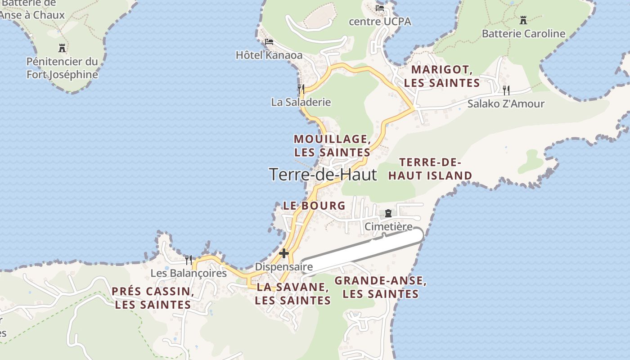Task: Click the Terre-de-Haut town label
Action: [x=323, y=175]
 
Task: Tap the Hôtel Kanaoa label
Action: [x=269, y=55]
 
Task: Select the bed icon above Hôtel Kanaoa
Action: [x=269, y=42]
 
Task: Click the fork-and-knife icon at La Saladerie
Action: [x=301, y=89]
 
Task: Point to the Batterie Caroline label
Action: [x=523, y=34]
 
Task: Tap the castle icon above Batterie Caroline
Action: [x=523, y=20]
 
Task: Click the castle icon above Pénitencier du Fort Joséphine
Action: [x=62, y=48]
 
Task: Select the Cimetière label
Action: [x=388, y=227]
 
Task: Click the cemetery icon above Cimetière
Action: [x=388, y=213]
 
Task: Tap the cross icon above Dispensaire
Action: [x=284, y=253]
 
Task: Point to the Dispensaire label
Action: [x=284, y=267]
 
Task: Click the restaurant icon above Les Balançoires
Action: [x=189, y=260]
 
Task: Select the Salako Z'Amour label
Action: [x=506, y=104]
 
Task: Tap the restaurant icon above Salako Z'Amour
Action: [x=506, y=90]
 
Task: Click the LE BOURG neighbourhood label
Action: [x=314, y=206]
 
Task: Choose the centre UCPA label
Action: [x=380, y=22]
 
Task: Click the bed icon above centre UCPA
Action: [x=380, y=8]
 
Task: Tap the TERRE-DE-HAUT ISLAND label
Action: [x=430, y=169]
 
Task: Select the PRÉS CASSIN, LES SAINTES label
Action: [x=153, y=298]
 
